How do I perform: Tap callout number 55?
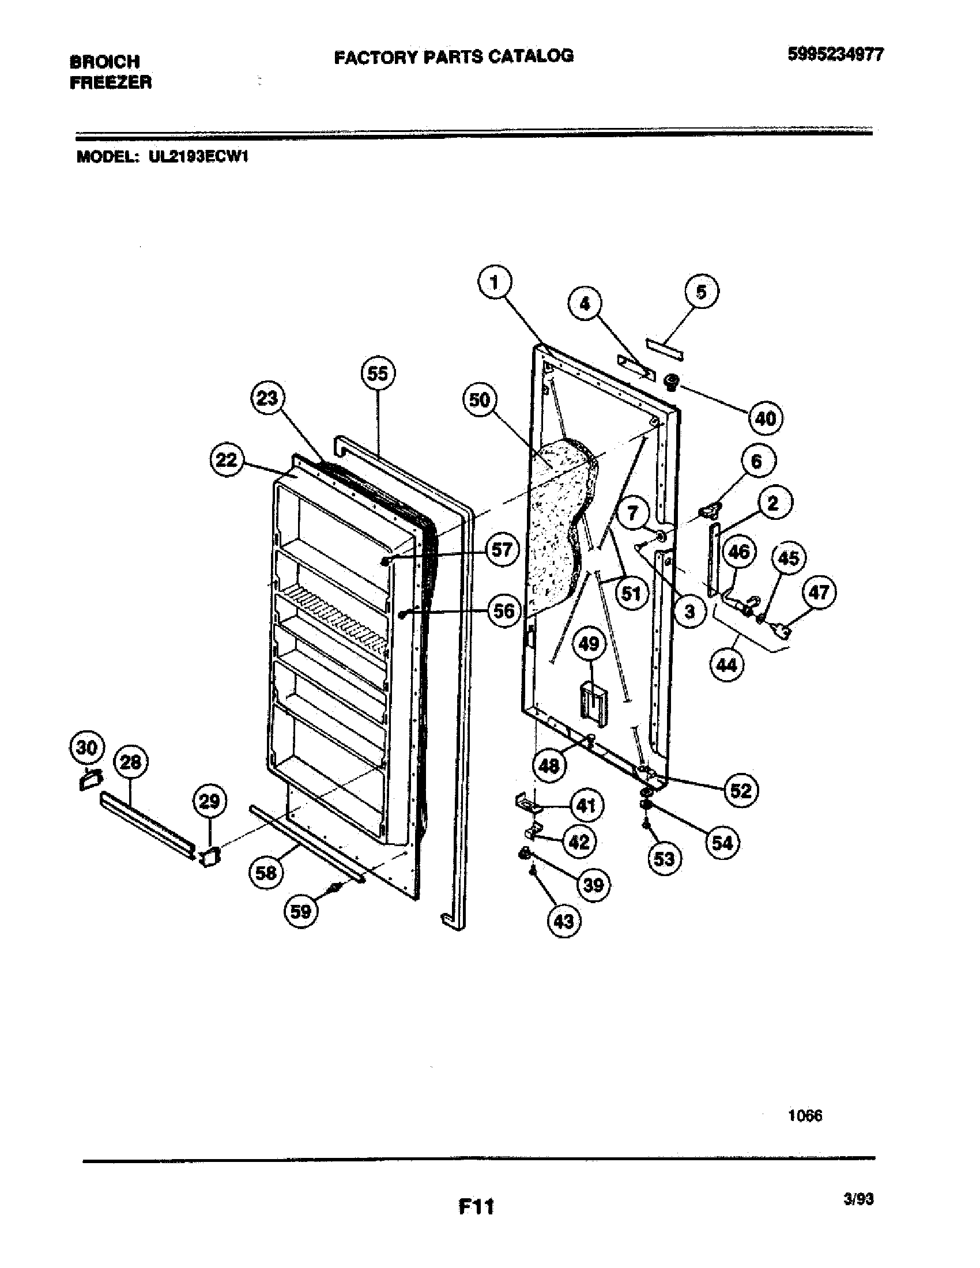[378, 373]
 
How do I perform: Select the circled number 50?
[480, 400]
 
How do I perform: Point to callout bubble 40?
[765, 418]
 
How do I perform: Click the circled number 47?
[819, 593]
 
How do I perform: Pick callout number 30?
[86, 747]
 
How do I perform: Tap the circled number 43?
[564, 922]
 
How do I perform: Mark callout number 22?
[227, 460]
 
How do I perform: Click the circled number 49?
[589, 644]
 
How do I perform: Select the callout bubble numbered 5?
[702, 292]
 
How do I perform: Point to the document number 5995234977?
[835, 55]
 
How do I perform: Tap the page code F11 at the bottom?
[476, 1207]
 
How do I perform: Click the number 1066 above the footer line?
[805, 1116]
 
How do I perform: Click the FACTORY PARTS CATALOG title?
[454, 56]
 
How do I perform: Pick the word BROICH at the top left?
[104, 61]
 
